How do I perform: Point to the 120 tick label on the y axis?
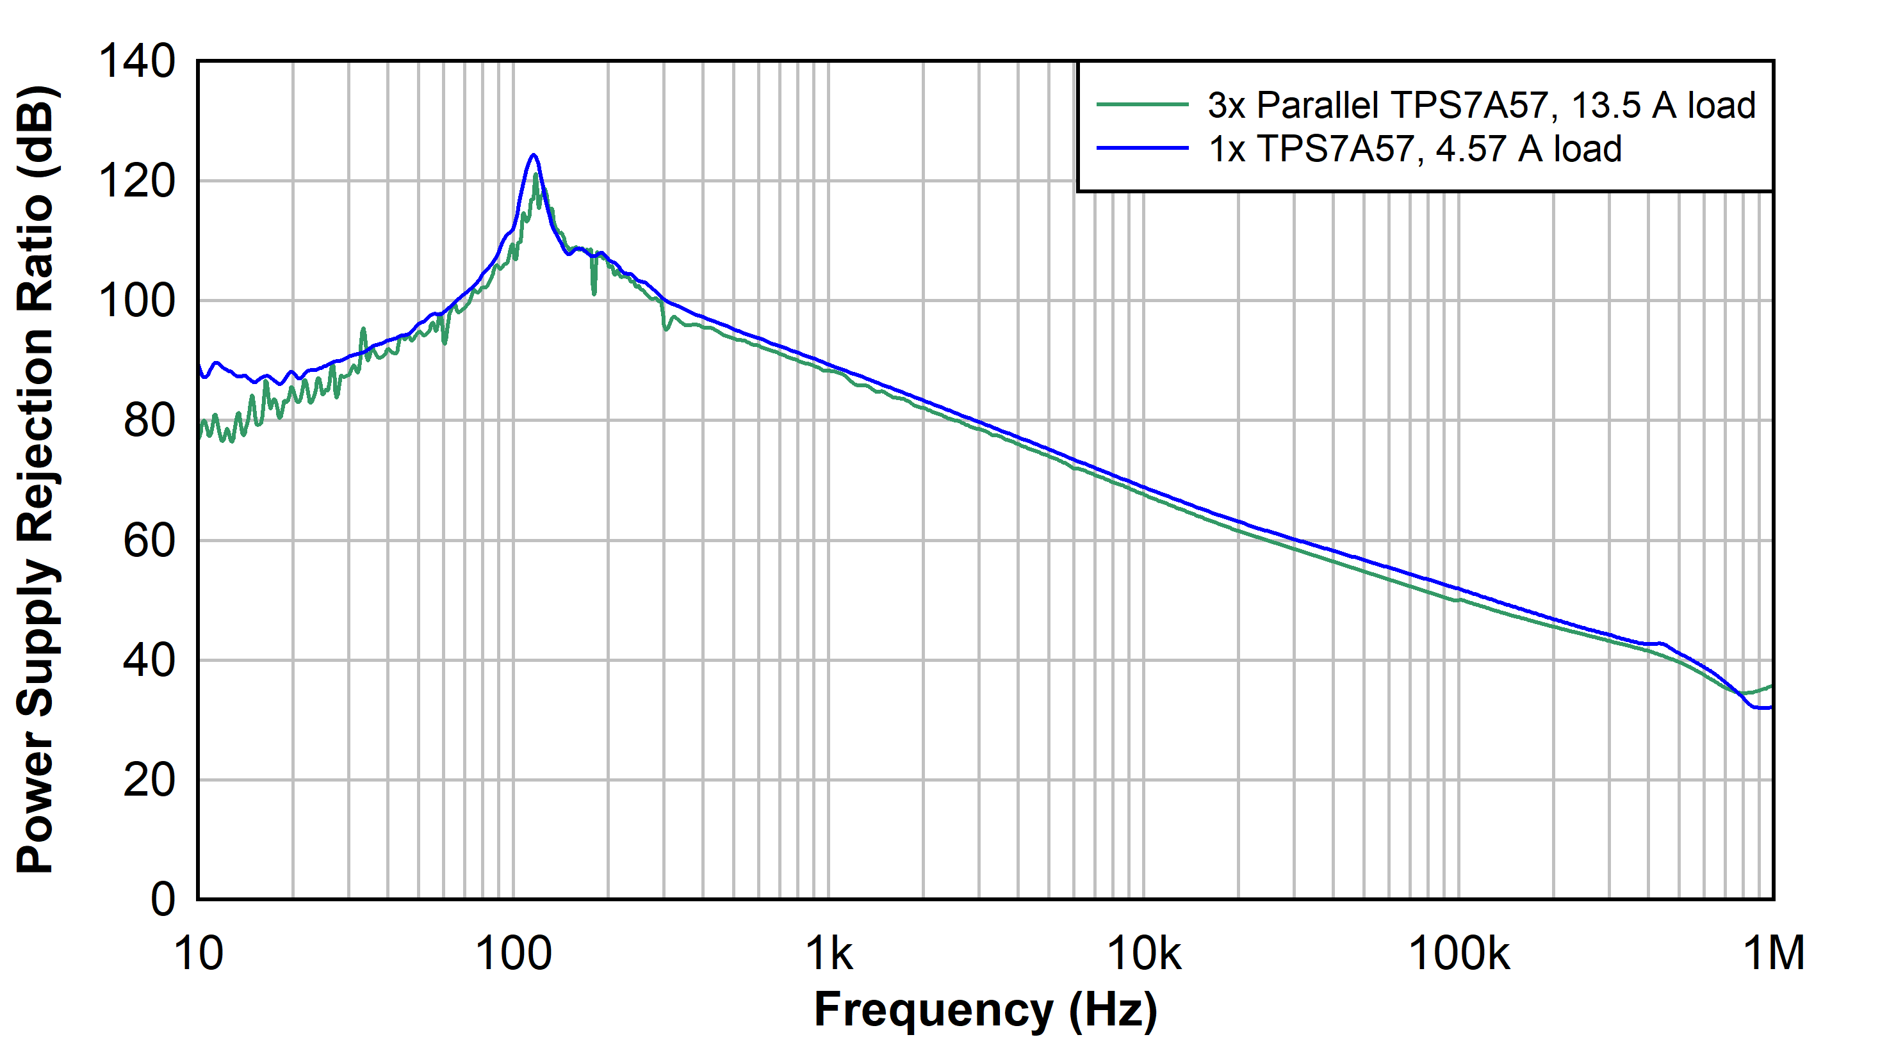[137, 181]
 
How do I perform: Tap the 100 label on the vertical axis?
[137, 301]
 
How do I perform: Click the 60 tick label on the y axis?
[149, 541]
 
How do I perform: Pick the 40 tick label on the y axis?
[149, 661]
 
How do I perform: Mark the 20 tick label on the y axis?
[149, 781]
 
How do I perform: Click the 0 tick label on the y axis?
[163, 900]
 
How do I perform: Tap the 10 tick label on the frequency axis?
[198, 954]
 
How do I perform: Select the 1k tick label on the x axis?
[829, 954]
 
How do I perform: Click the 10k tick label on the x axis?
[1144, 954]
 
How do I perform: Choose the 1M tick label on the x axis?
[1774, 954]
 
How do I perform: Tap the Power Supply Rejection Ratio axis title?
[35, 479]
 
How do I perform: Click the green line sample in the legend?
[1142, 105]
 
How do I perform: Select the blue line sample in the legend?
[1142, 149]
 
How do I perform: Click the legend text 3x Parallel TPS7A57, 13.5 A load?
[1481, 105]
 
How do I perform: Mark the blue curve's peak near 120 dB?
[534, 156]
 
